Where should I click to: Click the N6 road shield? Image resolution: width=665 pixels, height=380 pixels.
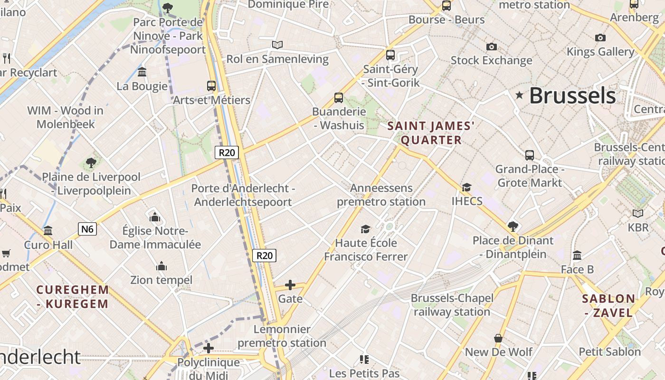(87, 229)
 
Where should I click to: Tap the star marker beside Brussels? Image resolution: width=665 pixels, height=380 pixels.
(520, 95)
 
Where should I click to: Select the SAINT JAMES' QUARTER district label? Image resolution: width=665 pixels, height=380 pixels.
(431, 133)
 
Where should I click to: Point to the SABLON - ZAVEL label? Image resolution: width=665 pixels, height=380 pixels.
(608, 305)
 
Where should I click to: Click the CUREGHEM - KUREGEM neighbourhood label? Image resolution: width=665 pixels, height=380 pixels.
(73, 296)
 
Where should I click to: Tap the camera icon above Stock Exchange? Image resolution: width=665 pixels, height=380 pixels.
(492, 47)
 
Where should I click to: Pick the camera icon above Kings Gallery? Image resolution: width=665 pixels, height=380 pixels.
(600, 38)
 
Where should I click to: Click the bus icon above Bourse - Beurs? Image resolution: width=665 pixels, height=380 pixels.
(446, 6)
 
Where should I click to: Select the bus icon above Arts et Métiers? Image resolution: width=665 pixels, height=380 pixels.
(211, 86)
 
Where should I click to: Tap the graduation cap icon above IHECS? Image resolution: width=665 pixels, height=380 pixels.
(467, 187)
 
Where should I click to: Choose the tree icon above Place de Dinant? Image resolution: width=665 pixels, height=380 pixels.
(513, 226)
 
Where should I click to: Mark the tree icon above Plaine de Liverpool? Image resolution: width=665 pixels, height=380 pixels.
(91, 163)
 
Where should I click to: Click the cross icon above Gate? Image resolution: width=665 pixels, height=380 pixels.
(290, 285)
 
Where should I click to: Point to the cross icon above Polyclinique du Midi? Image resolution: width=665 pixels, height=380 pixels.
(208, 348)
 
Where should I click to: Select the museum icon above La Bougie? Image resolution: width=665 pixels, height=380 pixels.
(142, 72)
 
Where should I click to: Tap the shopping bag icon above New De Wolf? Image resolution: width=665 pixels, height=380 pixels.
(498, 338)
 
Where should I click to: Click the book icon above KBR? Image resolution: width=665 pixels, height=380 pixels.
(637, 213)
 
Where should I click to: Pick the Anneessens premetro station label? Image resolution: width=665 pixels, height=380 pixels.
(381, 195)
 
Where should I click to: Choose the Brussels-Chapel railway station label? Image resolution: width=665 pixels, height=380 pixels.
(452, 305)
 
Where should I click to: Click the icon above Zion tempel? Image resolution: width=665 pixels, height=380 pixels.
(161, 266)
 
